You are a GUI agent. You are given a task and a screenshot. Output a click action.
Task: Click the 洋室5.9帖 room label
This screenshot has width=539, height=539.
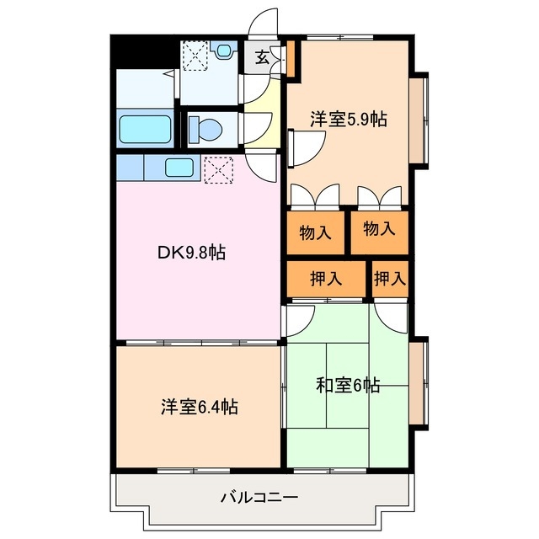point(348,120)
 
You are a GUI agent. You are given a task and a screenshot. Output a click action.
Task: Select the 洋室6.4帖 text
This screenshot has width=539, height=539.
point(199,408)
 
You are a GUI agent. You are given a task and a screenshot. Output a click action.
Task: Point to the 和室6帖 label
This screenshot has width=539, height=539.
point(348,386)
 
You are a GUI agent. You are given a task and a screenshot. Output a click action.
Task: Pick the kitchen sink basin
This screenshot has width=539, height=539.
point(179,168)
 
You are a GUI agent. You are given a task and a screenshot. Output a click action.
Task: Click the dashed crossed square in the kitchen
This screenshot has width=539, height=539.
point(217,168)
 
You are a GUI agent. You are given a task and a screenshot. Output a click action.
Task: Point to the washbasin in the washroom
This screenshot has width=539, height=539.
point(224,51)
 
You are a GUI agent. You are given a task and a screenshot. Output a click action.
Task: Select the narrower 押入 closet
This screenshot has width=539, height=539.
point(390,279)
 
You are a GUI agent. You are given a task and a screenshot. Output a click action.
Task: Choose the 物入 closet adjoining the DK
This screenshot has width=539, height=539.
point(315,232)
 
